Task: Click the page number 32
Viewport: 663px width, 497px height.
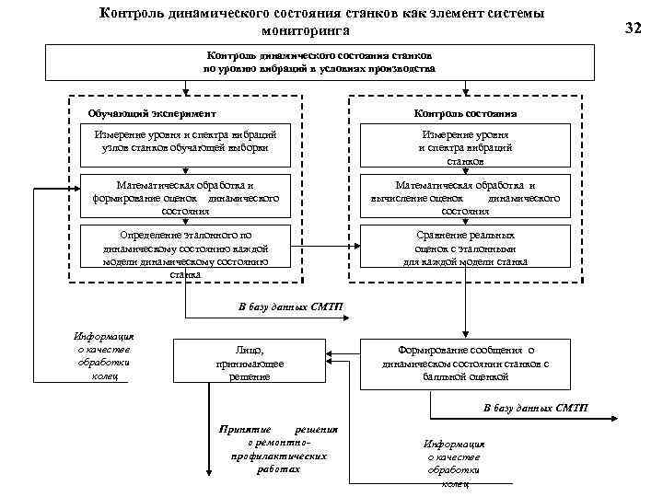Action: tap(633, 28)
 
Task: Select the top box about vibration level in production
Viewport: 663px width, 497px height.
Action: tap(320, 63)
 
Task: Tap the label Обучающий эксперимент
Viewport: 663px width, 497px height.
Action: tap(152, 113)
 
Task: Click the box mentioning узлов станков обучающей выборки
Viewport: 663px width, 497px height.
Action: tap(185, 141)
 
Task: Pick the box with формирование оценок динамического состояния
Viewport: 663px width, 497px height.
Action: tap(185, 197)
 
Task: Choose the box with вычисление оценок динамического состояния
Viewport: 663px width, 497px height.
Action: tap(465, 197)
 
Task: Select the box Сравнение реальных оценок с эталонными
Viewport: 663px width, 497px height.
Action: tap(465, 248)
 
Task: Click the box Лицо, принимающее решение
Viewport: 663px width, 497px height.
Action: tap(250, 363)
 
